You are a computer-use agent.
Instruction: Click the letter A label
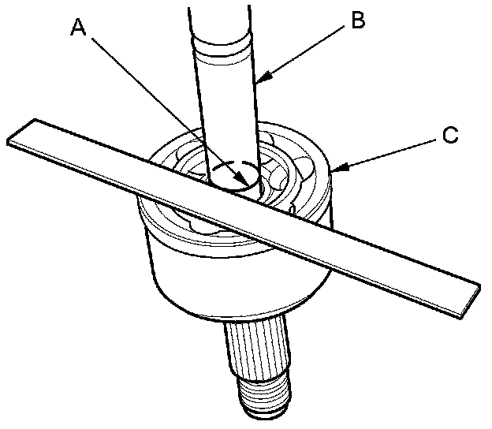pyautogui.click(x=76, y=28)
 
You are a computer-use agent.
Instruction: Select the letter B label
pyautogui.click(x=358, y=21)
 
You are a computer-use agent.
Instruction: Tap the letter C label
pyautogui.click(x=449, y=136)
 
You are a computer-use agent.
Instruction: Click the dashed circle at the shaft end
pyautogui.click(x=234, y=175)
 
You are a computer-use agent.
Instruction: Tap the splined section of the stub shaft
pyautogui.click(x=256, y=347)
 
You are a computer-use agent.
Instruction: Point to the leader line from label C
pyautogui.click(x=390, y=152)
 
